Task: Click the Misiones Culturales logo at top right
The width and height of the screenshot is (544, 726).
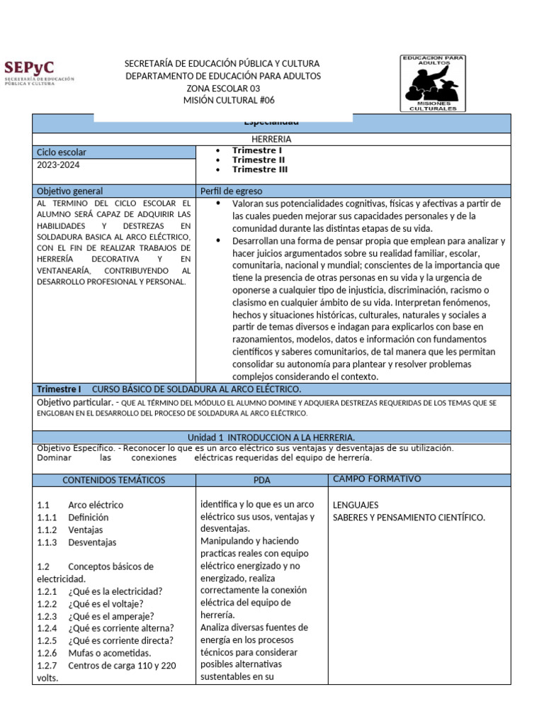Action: pyautogui.click(x=433, y=83)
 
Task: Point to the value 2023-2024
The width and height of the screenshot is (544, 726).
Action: pyautogui.click(x=59, y=164)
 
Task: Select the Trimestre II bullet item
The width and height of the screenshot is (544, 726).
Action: pyautogui.click(x=259, y=160)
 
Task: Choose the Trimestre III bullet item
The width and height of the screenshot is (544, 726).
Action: pyautogui.click(x=260, y=169)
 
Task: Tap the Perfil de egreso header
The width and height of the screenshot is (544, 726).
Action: pyautogui.click(x=232, y=191)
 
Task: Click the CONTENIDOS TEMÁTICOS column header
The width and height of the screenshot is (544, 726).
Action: pyautogui.click(x=113, y=480)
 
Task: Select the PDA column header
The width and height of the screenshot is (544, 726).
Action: pyautogui.click(x=261, y=480)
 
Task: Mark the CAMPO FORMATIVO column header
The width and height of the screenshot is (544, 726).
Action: pyautogui.click(x=377, y=479)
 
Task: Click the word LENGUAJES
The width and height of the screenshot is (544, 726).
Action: pyautogui.click(x=356, y=505)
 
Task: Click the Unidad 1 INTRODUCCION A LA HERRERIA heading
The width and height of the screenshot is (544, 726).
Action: pyautogui.click(x=271, y=437)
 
